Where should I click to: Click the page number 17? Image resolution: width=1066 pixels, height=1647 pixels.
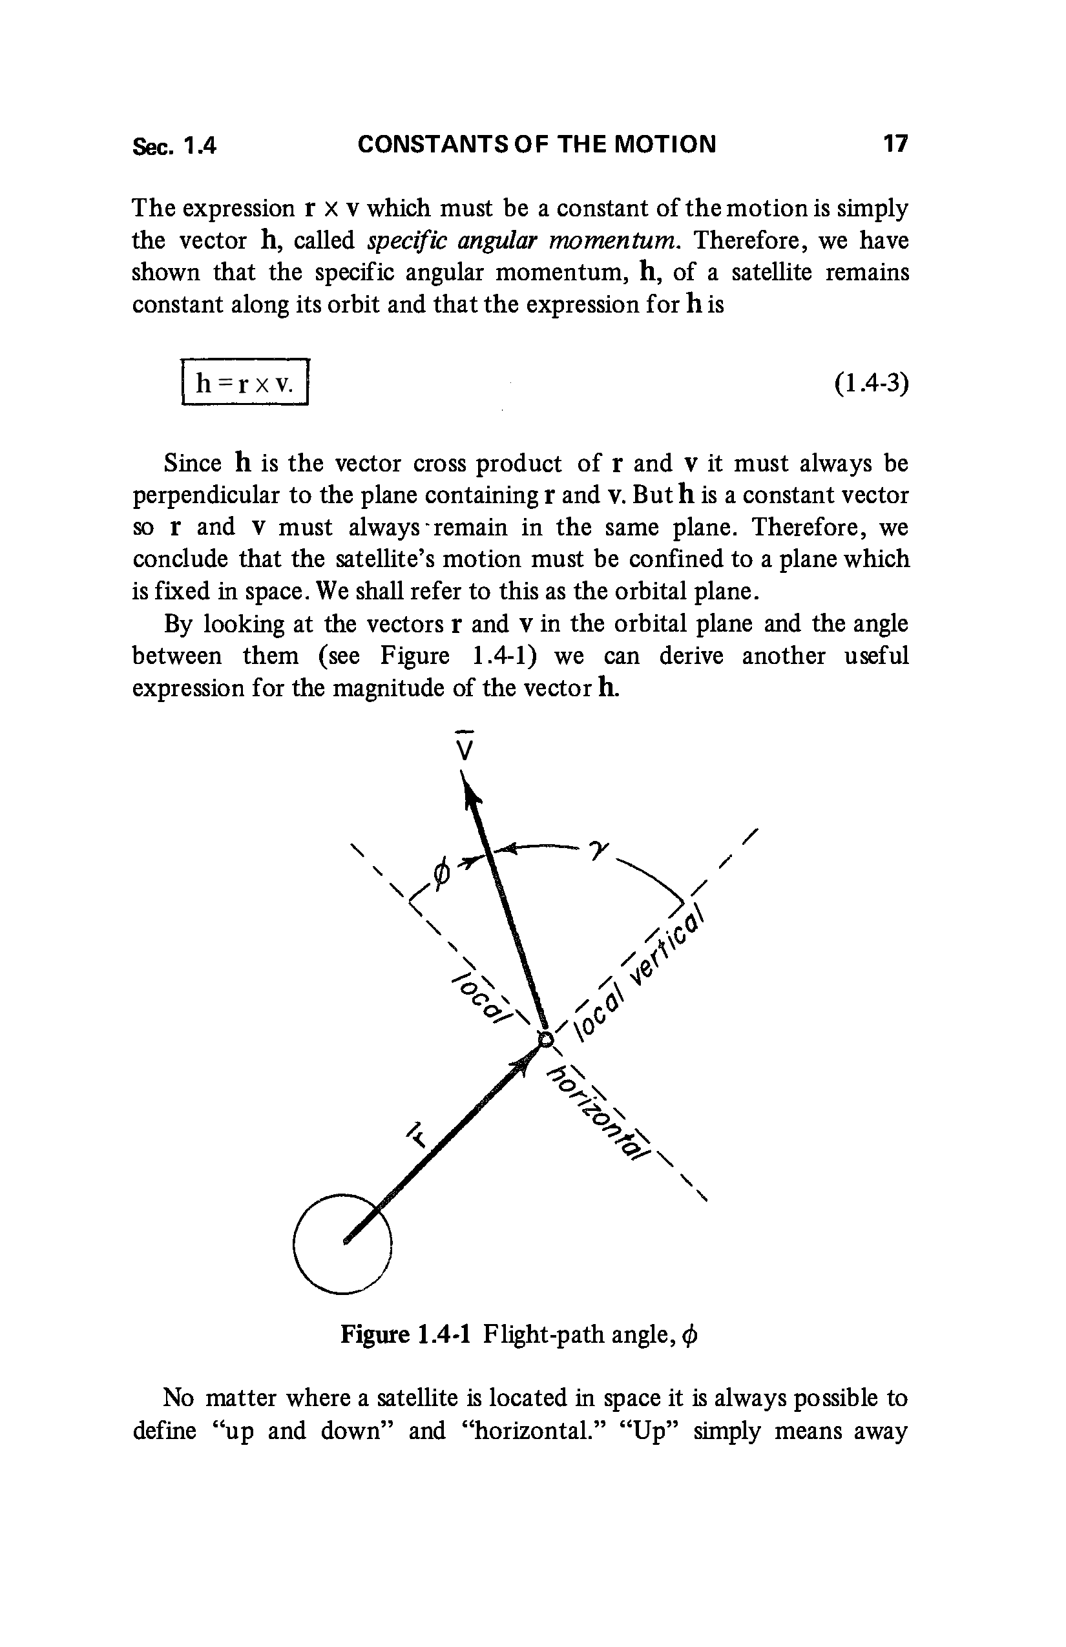pos(894,145)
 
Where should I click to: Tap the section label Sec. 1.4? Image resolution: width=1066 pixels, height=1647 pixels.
pos(174,146)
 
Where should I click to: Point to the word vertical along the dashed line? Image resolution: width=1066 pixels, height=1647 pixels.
pos(669,947)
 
